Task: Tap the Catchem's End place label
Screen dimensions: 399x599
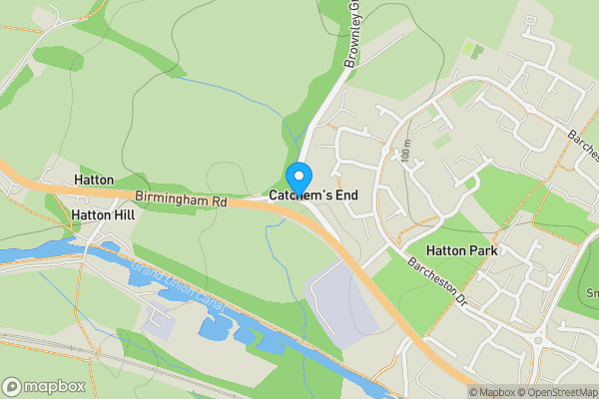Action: pos(306,197)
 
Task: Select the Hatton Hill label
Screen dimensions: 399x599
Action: pos(102,214)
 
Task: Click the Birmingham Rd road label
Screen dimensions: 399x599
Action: pos(182,200)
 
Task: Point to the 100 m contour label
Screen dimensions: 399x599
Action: pos(406,152)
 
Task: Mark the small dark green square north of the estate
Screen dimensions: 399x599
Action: pos(473,47)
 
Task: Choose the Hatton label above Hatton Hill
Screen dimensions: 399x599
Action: pos(94,180)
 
